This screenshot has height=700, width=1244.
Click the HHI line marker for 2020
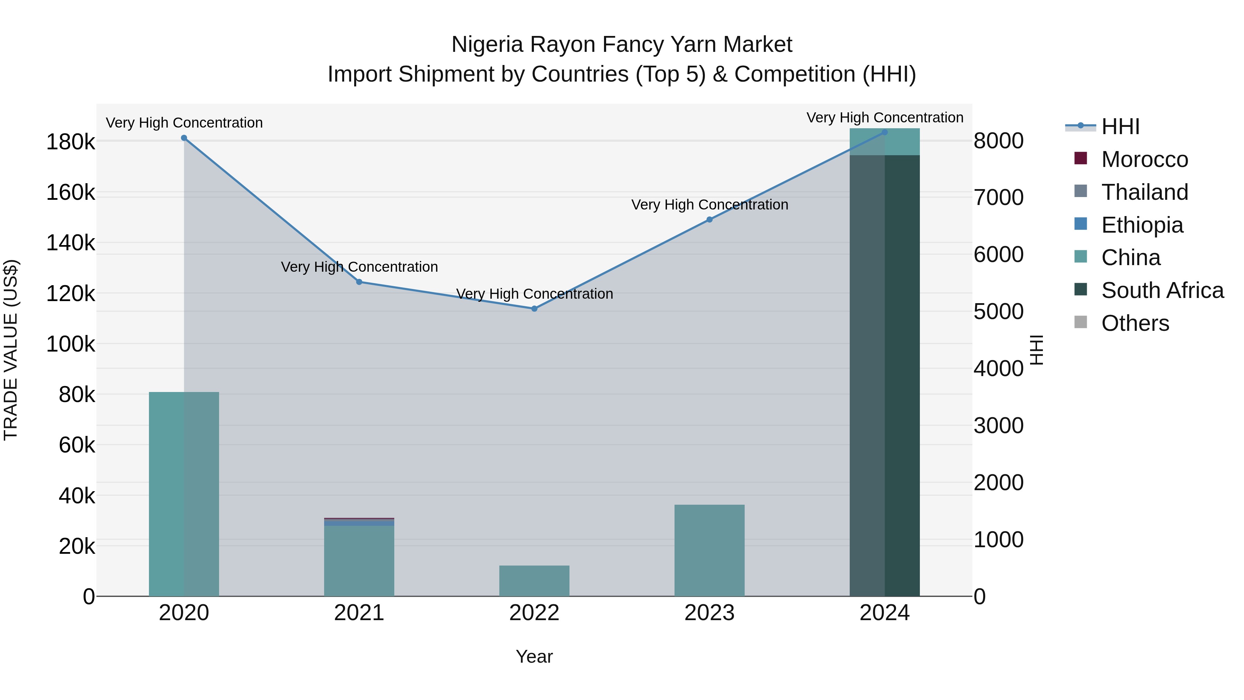(x=184, y=138)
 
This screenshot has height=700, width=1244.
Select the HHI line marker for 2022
(x=534, y=309)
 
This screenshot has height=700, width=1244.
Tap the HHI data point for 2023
(x=709, y=220)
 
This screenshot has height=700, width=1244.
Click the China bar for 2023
(x=709, y=550)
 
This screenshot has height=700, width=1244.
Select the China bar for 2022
(x=534, y=581)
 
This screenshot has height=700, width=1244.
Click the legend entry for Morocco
(x=1144, y=159)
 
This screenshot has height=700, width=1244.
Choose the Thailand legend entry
(x=1144, y=192)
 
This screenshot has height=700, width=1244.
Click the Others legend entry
(x=1135, y=323)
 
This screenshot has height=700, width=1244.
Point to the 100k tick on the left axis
(x=70, y=344)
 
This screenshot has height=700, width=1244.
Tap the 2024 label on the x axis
(x=885, y=613)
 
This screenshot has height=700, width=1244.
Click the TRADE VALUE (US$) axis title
(x=11, y=350)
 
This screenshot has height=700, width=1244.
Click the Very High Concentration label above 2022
(x=534, y=294)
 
